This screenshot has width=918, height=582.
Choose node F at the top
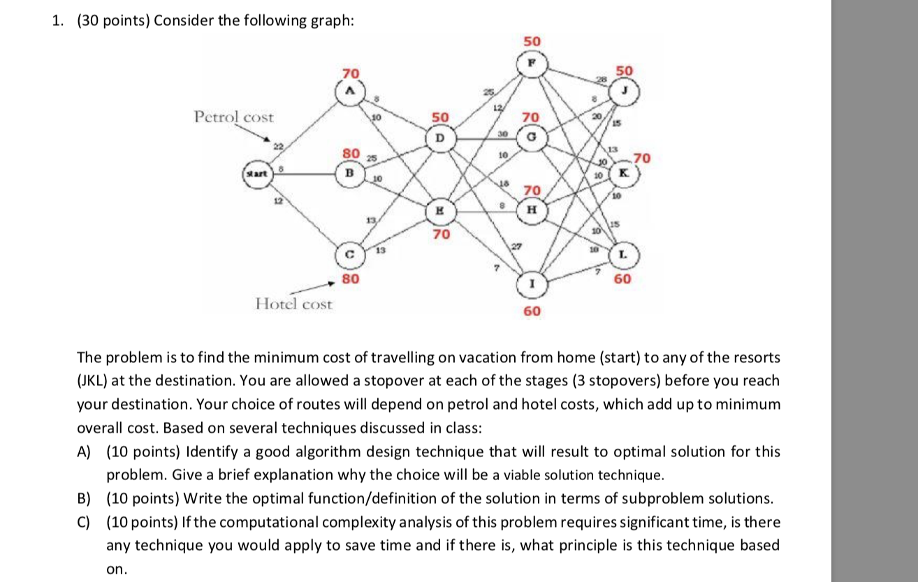tap(532, 61)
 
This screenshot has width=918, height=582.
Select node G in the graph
tap(532, 138)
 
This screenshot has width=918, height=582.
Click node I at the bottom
tap(532, 283)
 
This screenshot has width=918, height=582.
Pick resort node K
tap(624, 171)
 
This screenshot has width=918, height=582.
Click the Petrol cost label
tap(234, 117)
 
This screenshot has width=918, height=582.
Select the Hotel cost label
tap(293, 304)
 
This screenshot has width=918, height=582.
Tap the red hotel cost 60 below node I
tap(532, 311)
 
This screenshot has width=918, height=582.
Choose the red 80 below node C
tap(351, 279)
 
